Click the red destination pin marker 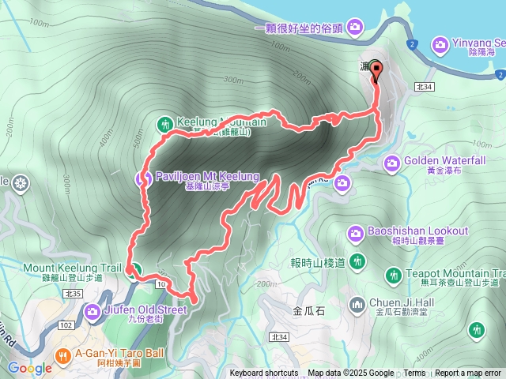pyautogui.click(x=376, y=71)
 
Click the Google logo pyautogui.click(x=30, y=368)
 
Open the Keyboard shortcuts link pyautogui.click(x=264, y=373)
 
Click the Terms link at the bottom pyautogui.click(x=414, y=373)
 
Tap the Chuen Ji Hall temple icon pyautogui.click(x=358, y=304)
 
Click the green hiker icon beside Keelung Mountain pyautogui.click(x=164, y=124)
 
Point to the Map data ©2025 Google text pyautogui.click(x=351, y=373)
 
